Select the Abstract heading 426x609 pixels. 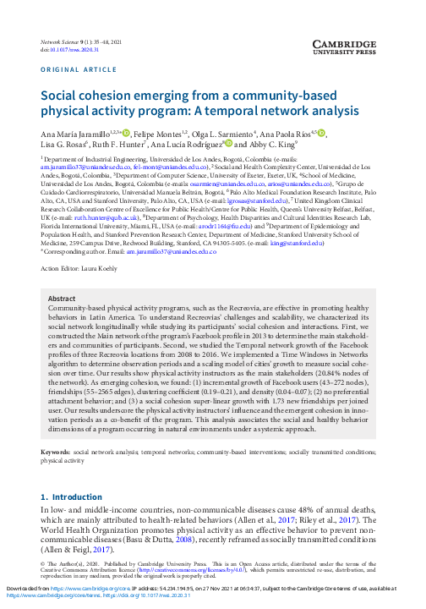(63, 299)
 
